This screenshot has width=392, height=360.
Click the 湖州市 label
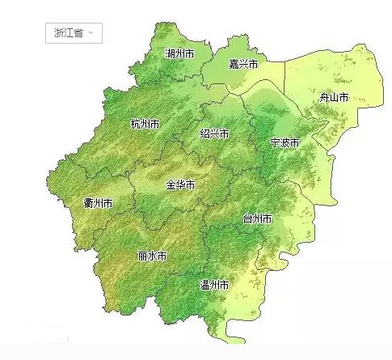[179, 53]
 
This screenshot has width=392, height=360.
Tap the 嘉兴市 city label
[242, 64]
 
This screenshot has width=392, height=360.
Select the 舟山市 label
[333, 97]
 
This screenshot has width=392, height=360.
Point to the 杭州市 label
[145, 125]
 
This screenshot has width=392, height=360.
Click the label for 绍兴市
[214, 133]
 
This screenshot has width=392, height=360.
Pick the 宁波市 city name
[285, 142]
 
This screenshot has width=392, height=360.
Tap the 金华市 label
[180, 184]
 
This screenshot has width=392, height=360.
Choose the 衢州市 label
[98, 202]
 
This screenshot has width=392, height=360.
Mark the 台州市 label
[257, 218]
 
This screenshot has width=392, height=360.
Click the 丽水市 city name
[152, 256]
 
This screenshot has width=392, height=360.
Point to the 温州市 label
[214, 285]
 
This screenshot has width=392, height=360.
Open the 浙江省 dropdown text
[68, 33]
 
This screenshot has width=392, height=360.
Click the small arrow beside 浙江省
[91, 34]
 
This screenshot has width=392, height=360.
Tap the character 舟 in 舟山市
[323, 97]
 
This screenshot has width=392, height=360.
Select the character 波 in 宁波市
[285, 142]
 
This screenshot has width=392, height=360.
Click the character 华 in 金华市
[180, 184]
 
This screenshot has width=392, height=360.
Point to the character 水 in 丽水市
[152, 256]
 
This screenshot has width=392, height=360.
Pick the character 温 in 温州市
[204, 285]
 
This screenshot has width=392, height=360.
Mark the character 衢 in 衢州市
[88, 202]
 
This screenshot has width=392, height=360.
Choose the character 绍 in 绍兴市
[204, 133]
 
